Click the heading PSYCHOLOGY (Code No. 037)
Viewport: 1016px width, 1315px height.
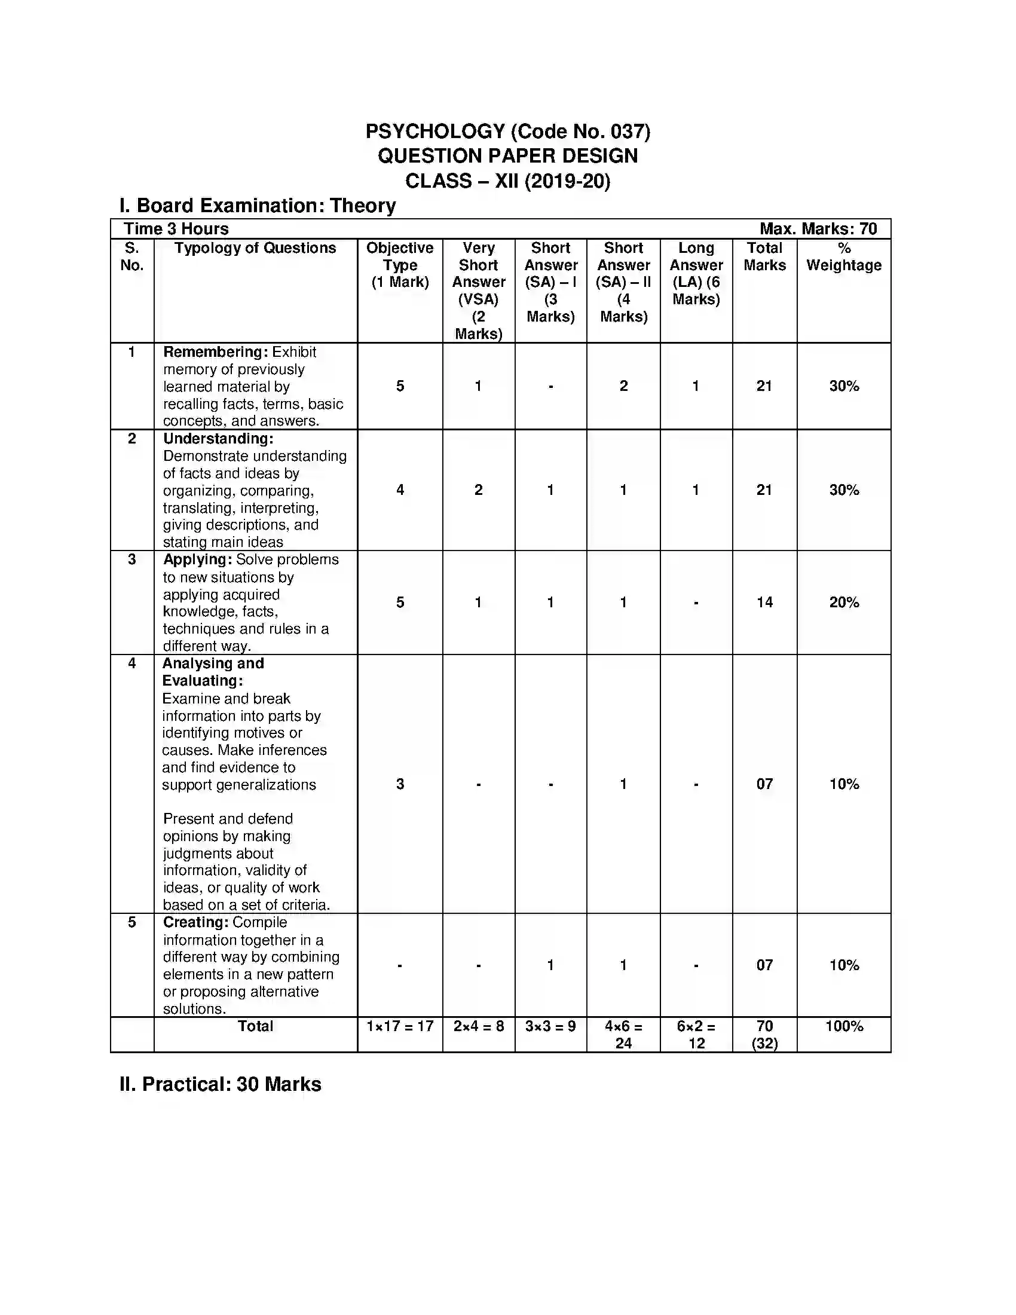coord(507,131)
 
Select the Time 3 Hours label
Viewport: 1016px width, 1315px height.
coord(176,229)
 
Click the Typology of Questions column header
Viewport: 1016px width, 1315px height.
coord(255,248)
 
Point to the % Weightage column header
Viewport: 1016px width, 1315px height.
coord(843,257)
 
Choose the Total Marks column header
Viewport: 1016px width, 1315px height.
coord(764,257)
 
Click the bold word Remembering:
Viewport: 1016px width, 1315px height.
coord(215,352)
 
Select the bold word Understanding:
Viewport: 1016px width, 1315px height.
coord(218,439)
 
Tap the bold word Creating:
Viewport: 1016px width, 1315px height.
coord(195,922)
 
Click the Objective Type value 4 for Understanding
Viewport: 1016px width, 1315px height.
coord(400,490)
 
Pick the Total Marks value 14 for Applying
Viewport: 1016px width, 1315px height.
coord(764,602)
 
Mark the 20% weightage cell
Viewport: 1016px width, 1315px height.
coord(843,602)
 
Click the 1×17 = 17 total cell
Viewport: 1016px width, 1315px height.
coord(400,1026)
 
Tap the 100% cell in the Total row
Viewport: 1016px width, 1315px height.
coord(843,1026)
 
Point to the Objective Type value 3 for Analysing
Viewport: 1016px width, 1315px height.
coord(400,784)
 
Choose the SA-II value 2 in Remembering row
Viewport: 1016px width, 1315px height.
coord(623,386)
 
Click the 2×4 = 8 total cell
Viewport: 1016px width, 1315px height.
coord(479,1026)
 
